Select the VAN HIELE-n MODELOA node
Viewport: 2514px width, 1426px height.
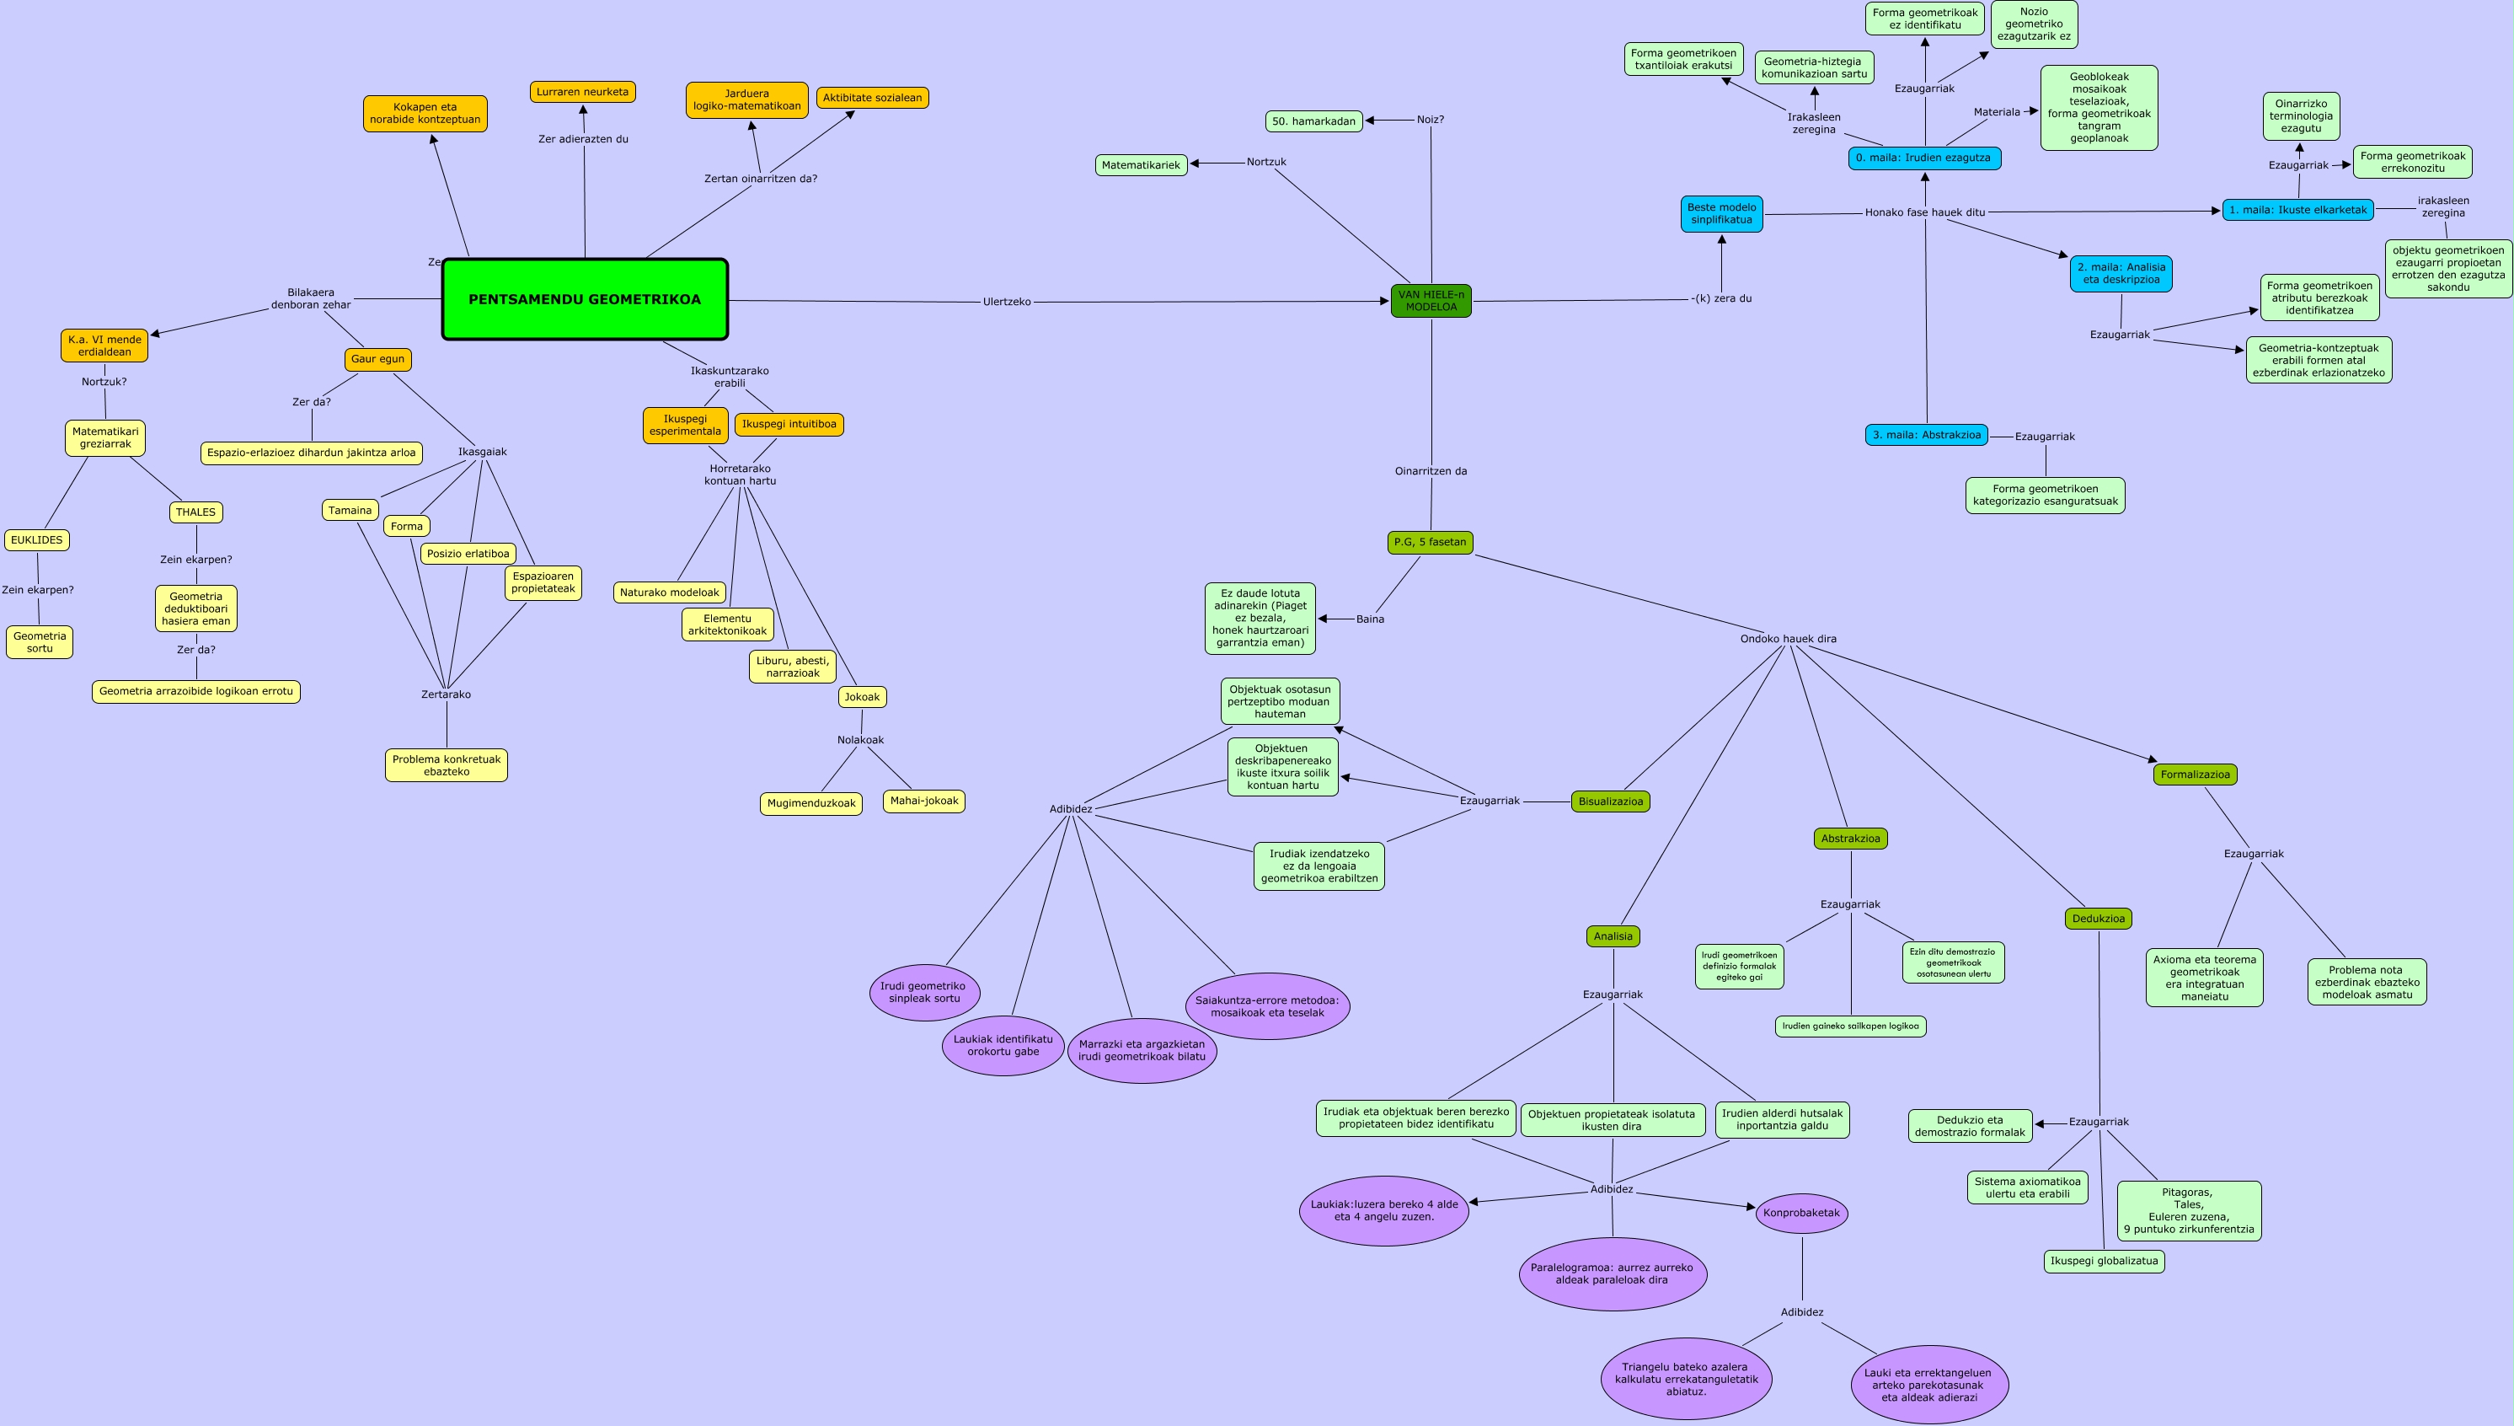[1431, 301]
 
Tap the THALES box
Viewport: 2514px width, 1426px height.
[195, 512]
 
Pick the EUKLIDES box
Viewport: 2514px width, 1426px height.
[37, 539]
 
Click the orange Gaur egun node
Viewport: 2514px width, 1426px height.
[378, 359]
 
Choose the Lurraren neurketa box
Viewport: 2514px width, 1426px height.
[582, 92]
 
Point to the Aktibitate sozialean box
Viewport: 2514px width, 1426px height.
[871, 98]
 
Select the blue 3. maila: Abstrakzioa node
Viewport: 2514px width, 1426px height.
[1926, 435]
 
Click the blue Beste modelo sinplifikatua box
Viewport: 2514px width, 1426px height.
[1721, 213]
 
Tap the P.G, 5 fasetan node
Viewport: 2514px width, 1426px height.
[1431, 542]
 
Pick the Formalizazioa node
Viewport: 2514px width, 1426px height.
[2195, 775]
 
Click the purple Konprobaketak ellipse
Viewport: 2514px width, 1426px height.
[1801, 1213]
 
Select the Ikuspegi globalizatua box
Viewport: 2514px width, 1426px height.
[2104, 1262]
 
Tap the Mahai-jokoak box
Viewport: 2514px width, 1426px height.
[924, 801]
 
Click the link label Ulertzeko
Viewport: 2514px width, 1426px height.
[1007, 302]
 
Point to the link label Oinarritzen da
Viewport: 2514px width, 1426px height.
[1431, 471]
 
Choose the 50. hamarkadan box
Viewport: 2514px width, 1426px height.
[1313, 121]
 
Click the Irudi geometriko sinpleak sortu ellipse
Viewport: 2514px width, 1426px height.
[924, 992]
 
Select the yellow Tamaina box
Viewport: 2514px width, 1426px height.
[350, 510]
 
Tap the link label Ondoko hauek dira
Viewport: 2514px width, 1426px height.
[1788, 639]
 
